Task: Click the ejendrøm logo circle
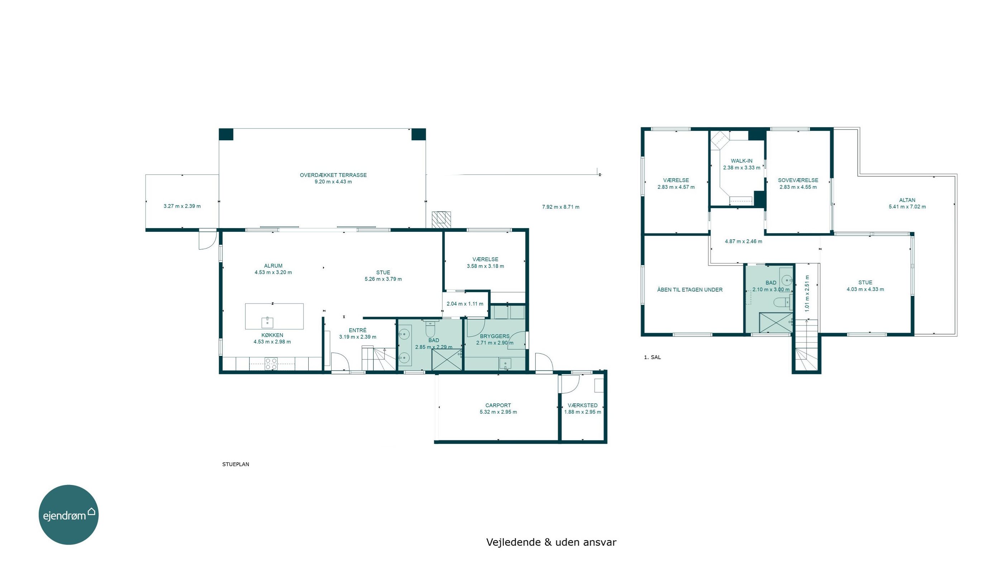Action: pyautogui.click(x=69, y=514)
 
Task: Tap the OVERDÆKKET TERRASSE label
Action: pyautogui.click(x=333, y=175)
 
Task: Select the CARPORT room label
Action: pyautogui.click(x=498, y=405)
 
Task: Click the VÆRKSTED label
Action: pyautogui.click(x=583, y=405)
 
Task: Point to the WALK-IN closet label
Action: pyautogui.click(x=741, y=161)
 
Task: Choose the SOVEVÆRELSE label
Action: pyautogui.click(x=798, y=180)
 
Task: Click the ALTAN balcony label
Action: pyautogui.click(x=907, y=200)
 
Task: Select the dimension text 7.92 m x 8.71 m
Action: pyautogui.click(x=561, y=207)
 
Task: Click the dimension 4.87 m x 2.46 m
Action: pyautogui.click(x=744, y=241)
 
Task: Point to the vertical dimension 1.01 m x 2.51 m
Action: pyautogui.click(x=807, y=293)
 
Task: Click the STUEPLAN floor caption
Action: pyautogui.click(x=236, y=464)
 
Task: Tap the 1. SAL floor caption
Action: pyautogui.click(x=652, y=357)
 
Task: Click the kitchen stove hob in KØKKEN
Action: pyautogui.click(x=271, y=364)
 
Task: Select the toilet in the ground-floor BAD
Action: pyautogui.click(x=430, y=329)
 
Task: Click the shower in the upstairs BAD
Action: pyautogui.click(x=776, y=323)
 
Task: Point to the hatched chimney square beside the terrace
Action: pyautogui.click(x=441, y=220)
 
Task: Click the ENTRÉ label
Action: pyautogui.click(x=358, y=330)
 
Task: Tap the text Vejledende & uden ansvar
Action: pyautogui.click(x=551, y=542)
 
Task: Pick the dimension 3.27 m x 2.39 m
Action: pyautogui.click(x=182, y=206)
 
